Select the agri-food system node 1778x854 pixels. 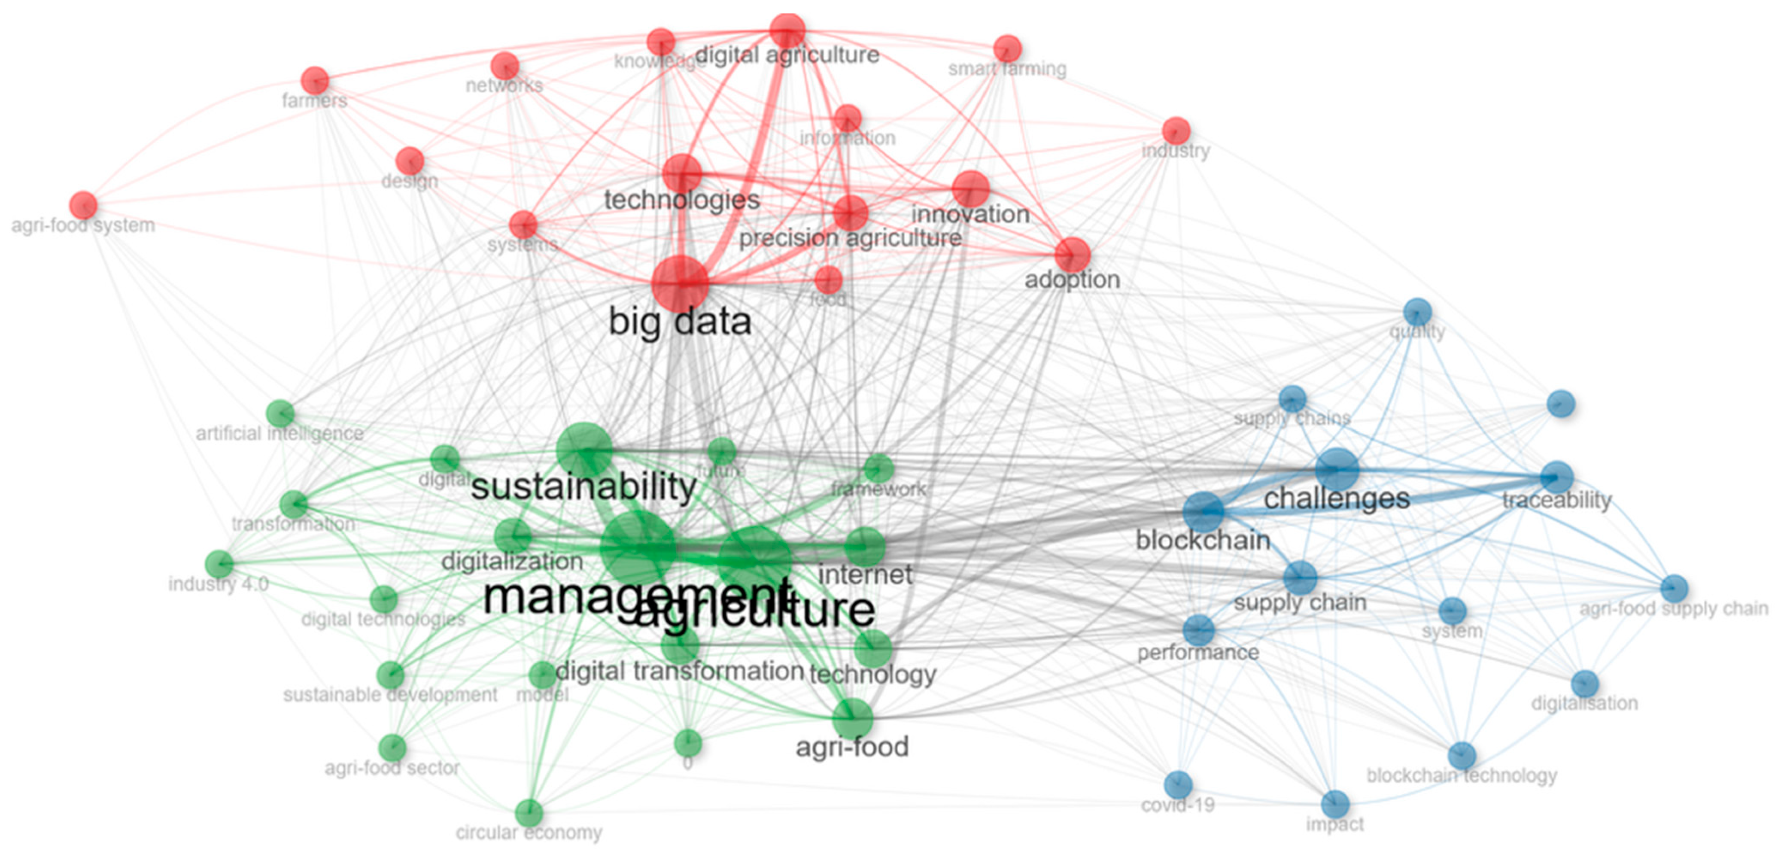coord(84,205)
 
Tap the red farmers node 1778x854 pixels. coord(315,81)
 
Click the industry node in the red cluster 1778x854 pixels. coord(1176,131)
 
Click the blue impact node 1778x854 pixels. coord(1335,804)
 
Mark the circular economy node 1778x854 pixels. coord(529,813)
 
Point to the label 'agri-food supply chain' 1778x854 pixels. coord(1674,608)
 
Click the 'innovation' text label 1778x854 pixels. coord(970,214)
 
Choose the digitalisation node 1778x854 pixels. coord(1585,684)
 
